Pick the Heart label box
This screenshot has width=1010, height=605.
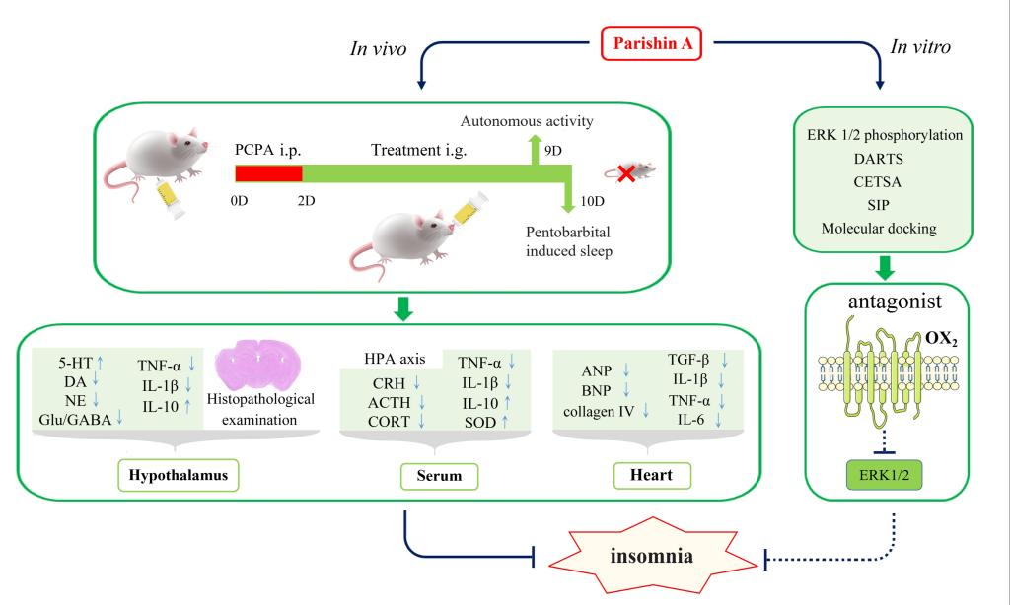(x=651, y=476)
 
